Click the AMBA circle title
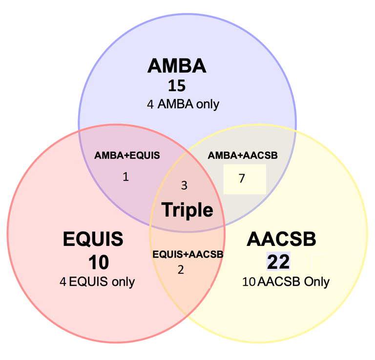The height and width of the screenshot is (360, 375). click(177, 66)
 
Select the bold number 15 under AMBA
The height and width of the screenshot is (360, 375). click(177, 86)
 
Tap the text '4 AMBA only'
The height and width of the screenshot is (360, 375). click(183, 104)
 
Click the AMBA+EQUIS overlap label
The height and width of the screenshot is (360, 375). click(127, 156)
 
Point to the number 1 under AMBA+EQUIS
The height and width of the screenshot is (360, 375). click(125, 177)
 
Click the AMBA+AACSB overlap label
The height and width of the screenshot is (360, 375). click(243, 156)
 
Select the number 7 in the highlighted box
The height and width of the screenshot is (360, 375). click(241, 179)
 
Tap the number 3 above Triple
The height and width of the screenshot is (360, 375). click(184, 185)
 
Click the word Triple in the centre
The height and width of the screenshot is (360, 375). click(187, 209)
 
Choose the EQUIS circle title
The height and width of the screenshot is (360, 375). click(93, 240)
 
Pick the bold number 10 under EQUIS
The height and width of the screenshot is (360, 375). click(99, 262)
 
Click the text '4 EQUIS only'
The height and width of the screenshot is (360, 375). click(97, 281)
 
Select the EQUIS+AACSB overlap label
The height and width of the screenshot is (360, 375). click(188, 254)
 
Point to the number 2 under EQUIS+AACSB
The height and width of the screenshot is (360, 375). click(181, 269)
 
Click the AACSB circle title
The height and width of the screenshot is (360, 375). click(282, 240)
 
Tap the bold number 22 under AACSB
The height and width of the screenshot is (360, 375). click(278, 262)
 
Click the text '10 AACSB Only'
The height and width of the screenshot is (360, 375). click(286, 281)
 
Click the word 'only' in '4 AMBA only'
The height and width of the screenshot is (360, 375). click(206, 104)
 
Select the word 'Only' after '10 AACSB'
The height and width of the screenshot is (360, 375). click(317, 281)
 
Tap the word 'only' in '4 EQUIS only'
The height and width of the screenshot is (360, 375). click(122, 281)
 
